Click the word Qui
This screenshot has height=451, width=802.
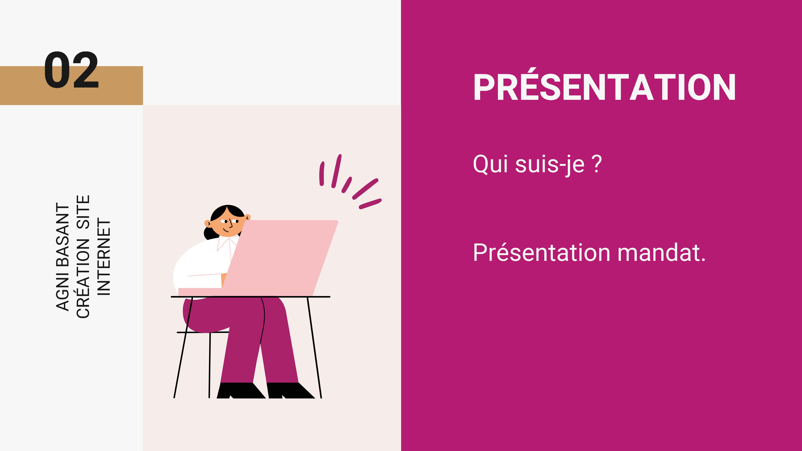[491, 164]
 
